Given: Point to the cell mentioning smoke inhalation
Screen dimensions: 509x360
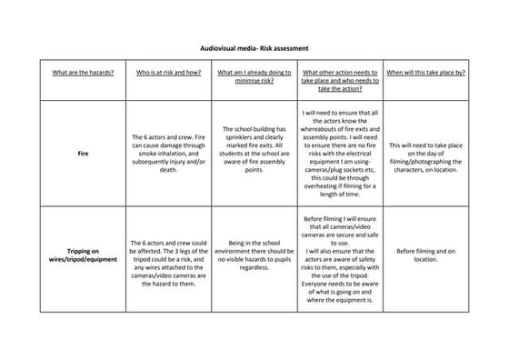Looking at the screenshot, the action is (x=167, y=154).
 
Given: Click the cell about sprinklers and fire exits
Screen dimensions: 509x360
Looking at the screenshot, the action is (x=254, y=149).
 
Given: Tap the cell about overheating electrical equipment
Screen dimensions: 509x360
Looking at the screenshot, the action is (x=340, y=154).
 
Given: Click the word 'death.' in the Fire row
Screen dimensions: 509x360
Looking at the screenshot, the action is (x=167, y=178).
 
